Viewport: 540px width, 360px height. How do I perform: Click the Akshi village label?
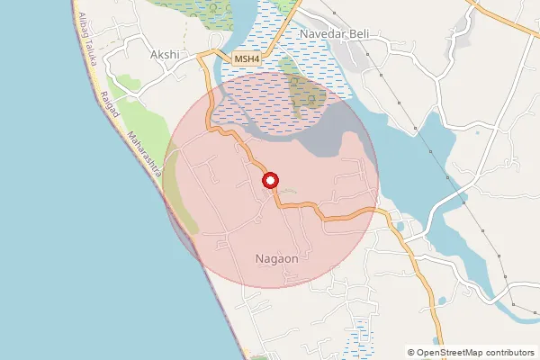coord(166,54)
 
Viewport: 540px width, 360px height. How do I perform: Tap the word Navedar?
coord(327,33)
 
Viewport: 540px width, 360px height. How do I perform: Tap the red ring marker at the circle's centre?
coord(270,182)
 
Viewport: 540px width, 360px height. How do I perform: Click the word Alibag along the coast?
coord(82,27)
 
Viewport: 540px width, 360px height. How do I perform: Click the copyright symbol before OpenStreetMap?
coord(411,353)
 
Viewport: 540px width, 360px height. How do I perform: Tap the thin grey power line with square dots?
coord(423,135)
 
